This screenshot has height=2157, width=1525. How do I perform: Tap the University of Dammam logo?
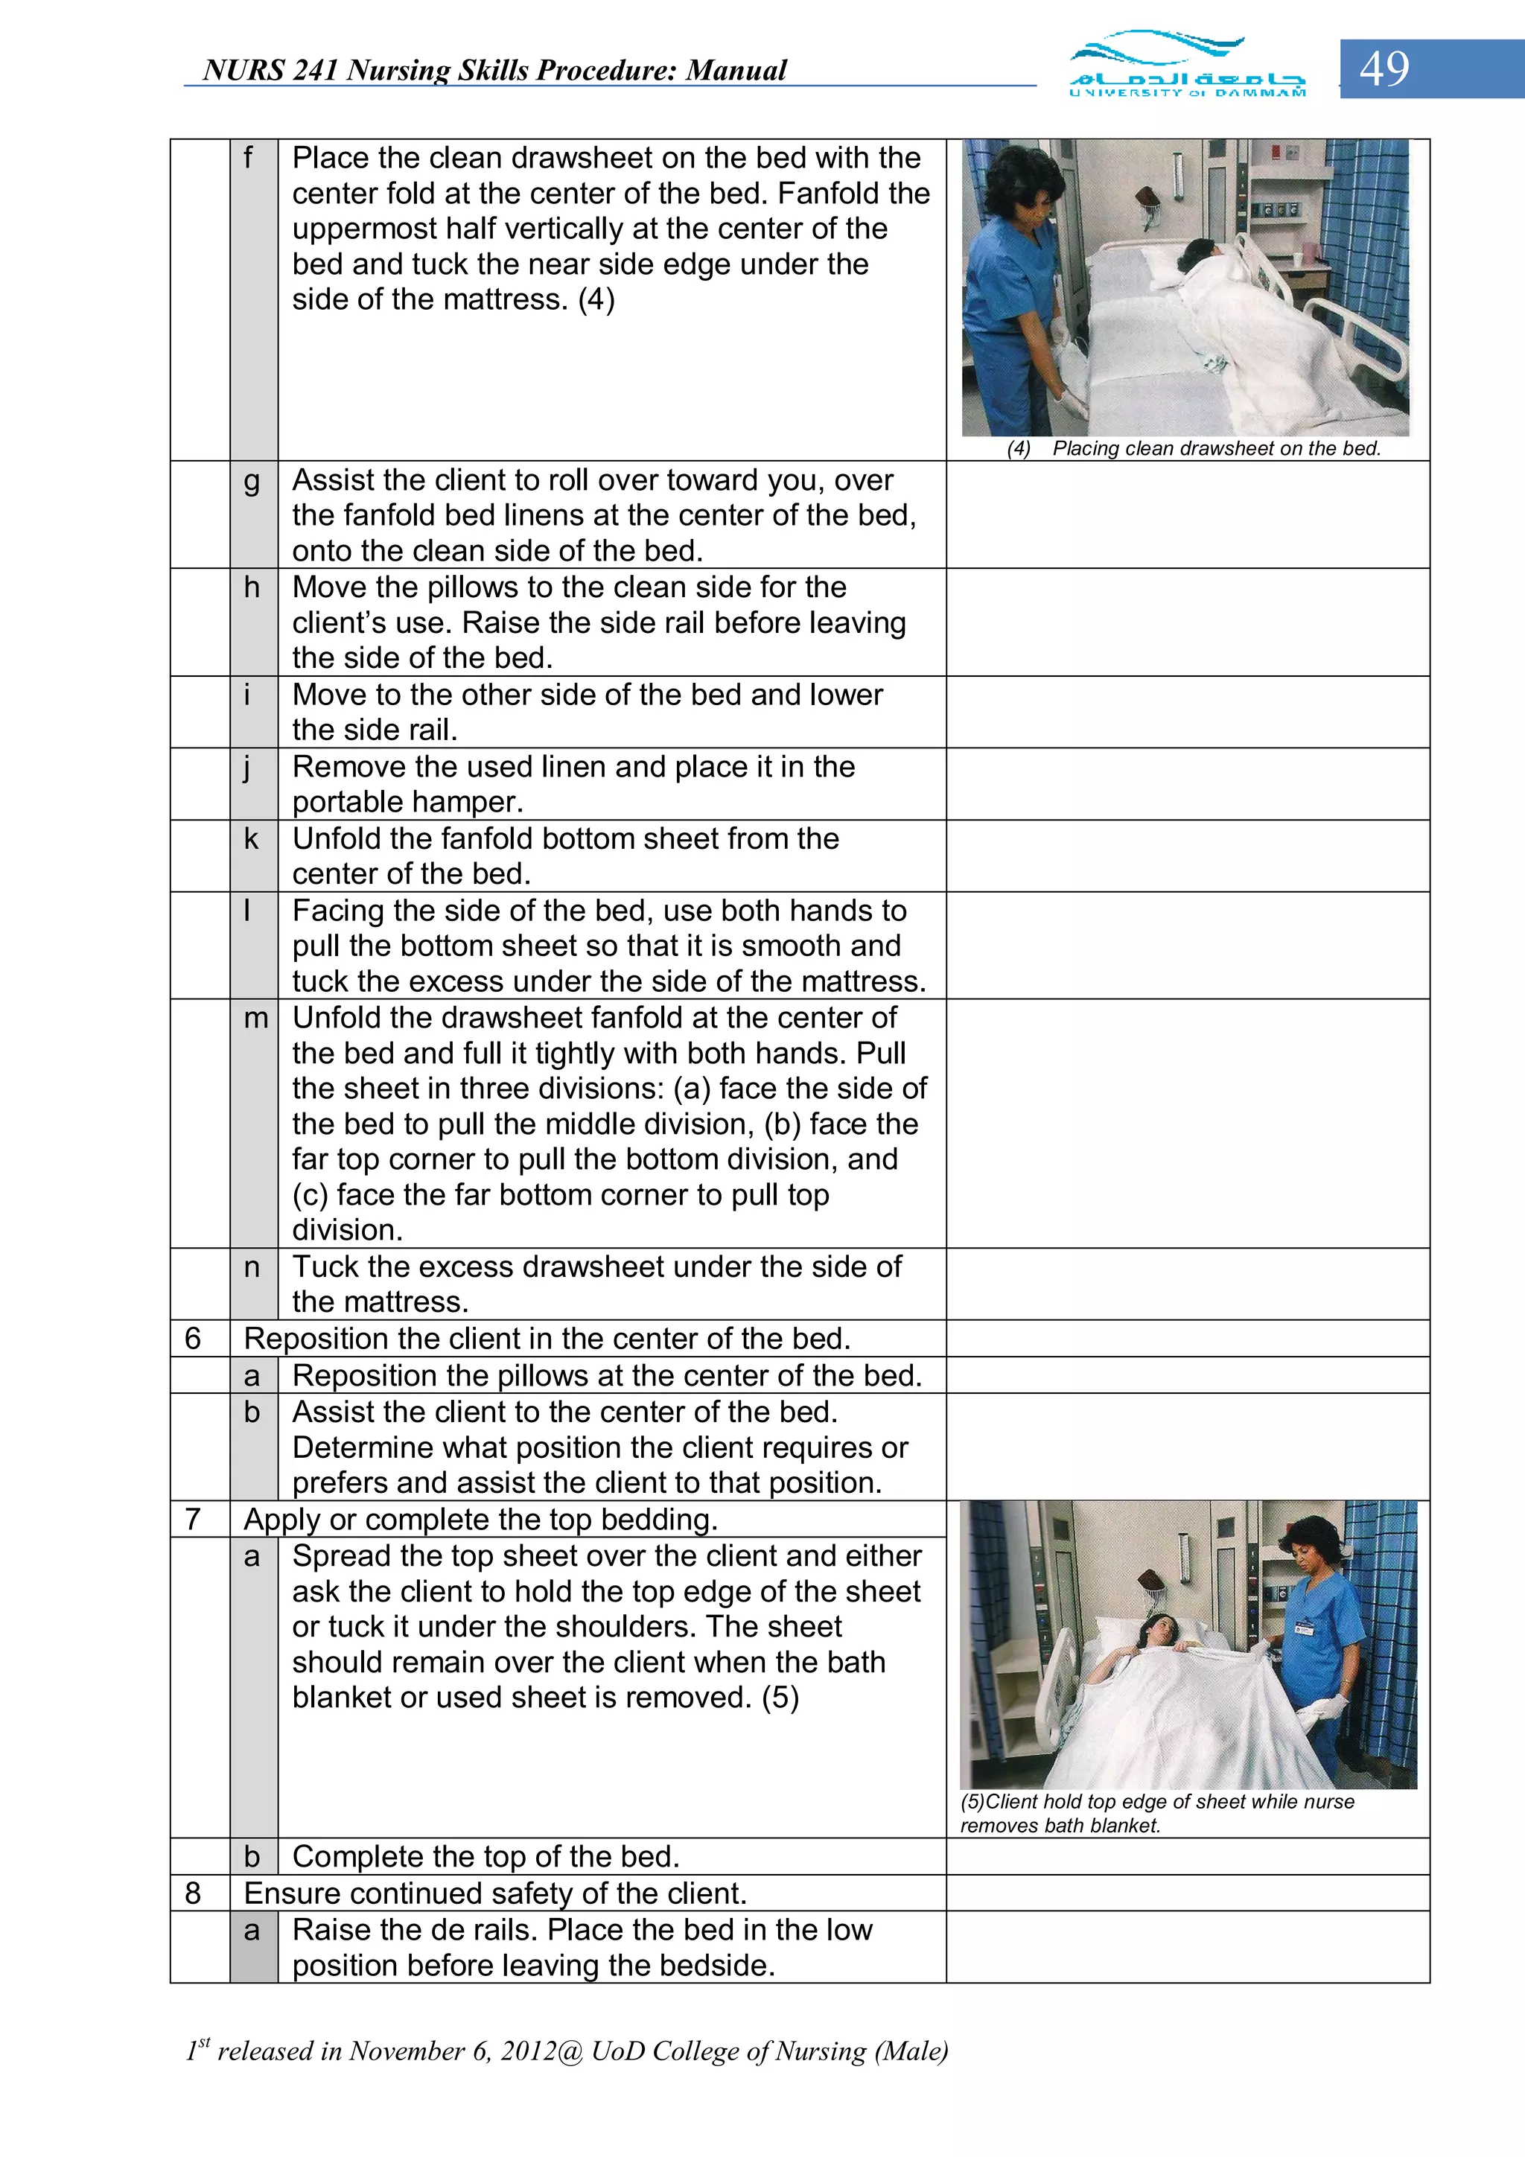coord(1187,65)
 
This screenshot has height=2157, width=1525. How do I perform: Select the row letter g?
coord(252,481)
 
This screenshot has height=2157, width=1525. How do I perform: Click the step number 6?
coord(194,1339)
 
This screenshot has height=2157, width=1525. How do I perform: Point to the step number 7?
coord(194,1519)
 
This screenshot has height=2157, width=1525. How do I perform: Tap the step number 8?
coord(194,1893)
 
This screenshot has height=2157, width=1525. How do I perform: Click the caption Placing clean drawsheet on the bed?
coord(1216,449)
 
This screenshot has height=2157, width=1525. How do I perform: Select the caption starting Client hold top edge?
coord(1158,1813)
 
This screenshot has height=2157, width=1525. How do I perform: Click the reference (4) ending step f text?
coord(596,300)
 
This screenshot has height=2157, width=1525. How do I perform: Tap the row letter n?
coord(252,1267)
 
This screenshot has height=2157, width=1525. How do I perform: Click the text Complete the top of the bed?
coord(485,1856)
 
